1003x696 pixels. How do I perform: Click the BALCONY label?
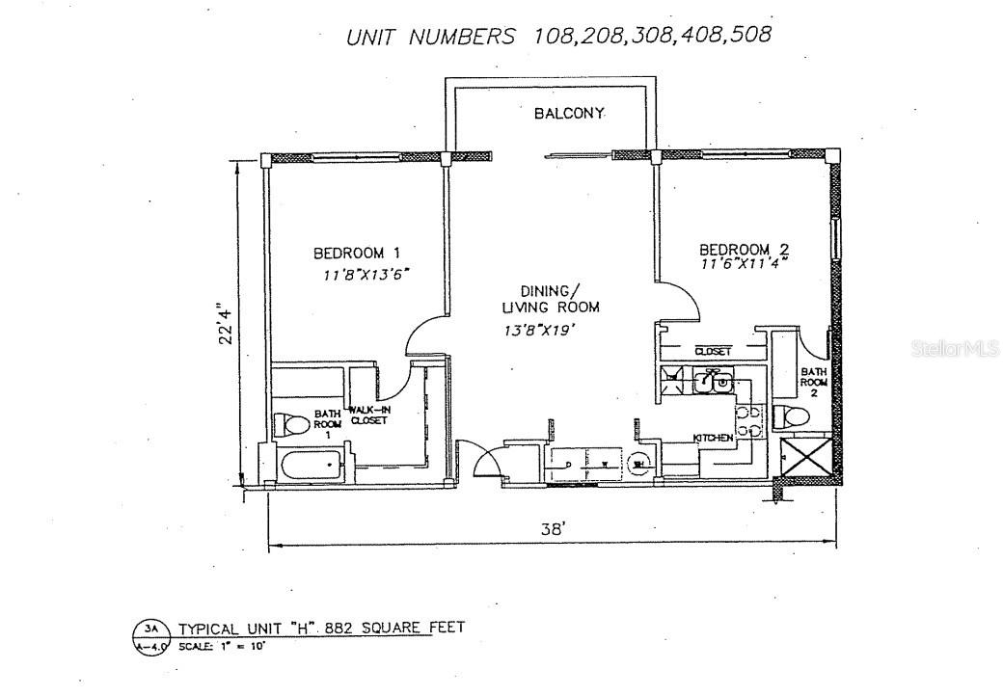pos(570,114)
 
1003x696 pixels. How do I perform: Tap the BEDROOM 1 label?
pos(356,254)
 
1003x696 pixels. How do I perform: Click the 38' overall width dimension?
pos(553,529)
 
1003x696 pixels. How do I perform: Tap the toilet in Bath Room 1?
pos(290,423)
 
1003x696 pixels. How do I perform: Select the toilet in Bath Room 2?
pos(790,416)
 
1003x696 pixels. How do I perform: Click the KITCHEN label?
pos(714,439)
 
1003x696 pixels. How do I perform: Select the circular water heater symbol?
pos(637,465)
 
